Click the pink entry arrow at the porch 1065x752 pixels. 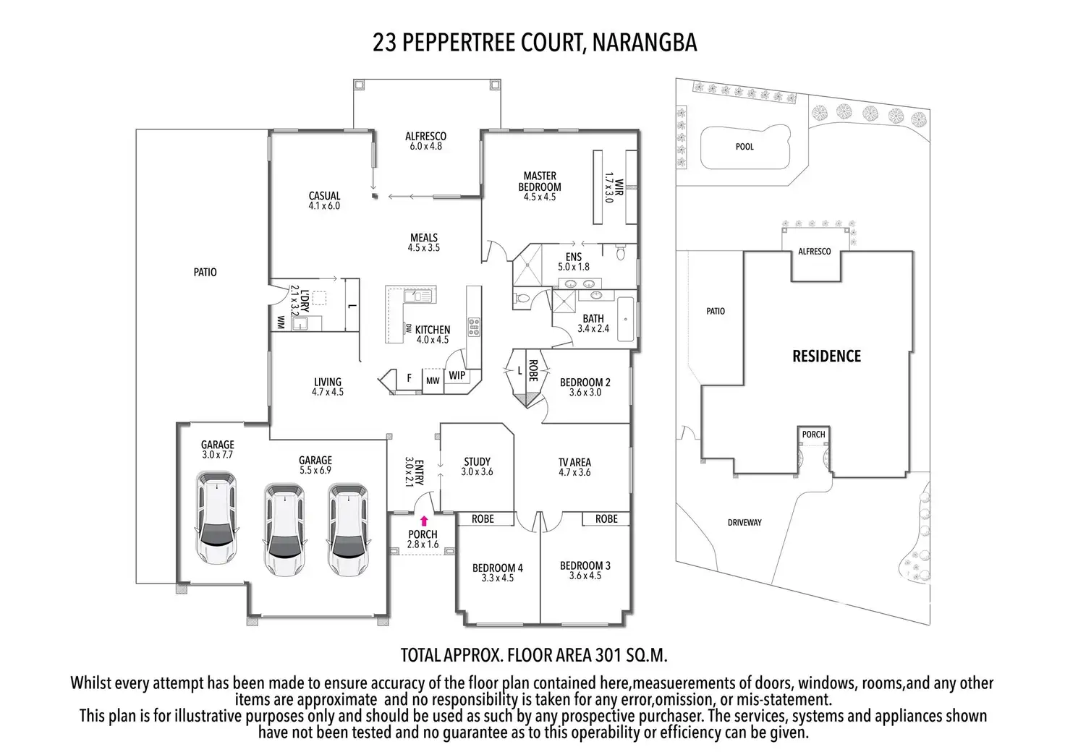pos(424,519)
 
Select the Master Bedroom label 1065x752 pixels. pos(540,181)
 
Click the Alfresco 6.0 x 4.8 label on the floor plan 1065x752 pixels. pos(425,141)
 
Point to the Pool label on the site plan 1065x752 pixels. pos(744,147)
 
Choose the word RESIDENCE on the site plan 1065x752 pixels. pos(826,356)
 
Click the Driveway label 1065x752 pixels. pos(744,522)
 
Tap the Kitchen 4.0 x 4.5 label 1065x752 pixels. pos(433,335)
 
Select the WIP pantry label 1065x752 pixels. pos(457,375)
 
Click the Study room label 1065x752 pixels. pos(477,466)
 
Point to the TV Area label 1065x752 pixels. pos(574,467)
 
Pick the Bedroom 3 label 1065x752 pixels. pos(585,571)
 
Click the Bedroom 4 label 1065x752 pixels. pos(498,573)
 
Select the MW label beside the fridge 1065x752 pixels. pos(433,381)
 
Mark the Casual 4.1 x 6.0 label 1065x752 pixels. pos(324,200)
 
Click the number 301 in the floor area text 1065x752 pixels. pos(608,656)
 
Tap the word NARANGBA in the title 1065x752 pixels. pos(644,43)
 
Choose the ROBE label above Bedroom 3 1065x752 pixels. pos(606,518)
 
